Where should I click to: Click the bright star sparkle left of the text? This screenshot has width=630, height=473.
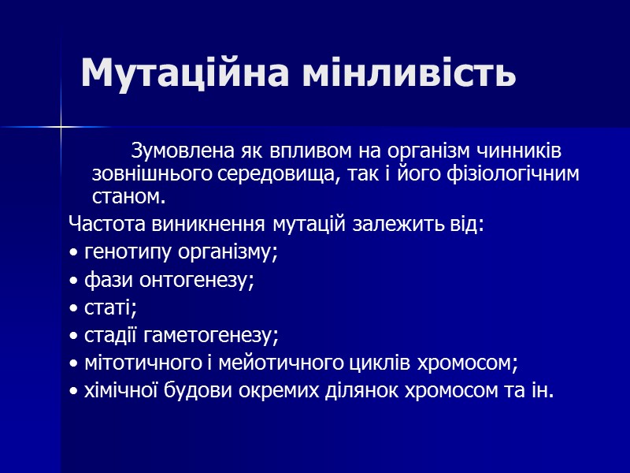click(61, 126)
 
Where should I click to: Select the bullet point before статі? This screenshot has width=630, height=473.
click(73, 308)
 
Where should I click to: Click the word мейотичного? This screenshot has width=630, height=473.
click(287, 363)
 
